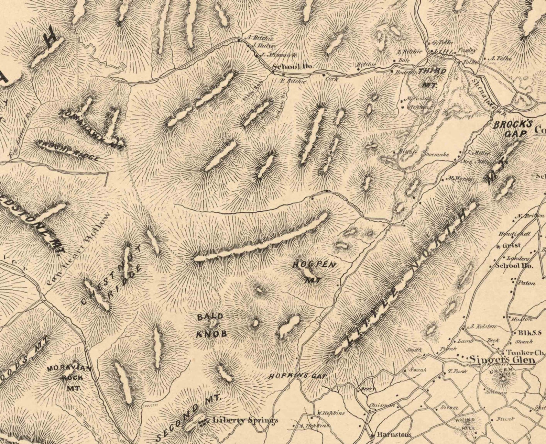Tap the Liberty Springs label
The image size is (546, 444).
[245, 420]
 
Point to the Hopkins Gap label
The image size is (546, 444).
[297, 376]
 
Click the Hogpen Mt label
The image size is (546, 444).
[313, 271]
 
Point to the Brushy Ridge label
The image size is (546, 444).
[69, 150]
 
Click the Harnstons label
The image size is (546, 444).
[394, 434]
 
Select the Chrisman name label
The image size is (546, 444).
[382, 406]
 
